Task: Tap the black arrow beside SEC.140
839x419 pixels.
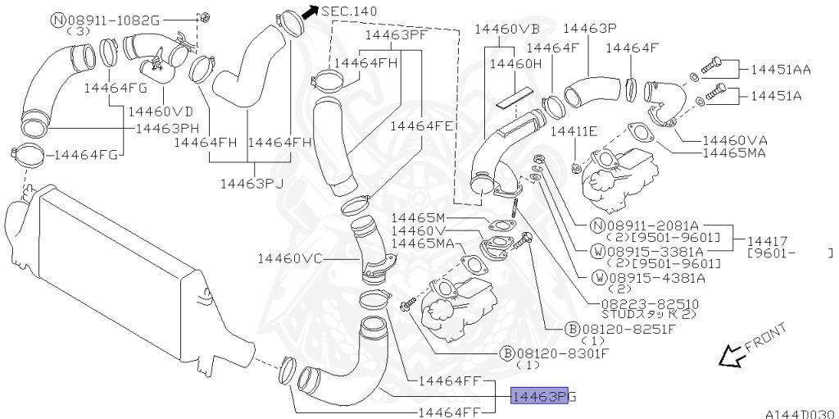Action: (310, 12)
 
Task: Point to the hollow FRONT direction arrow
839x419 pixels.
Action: (730, 356)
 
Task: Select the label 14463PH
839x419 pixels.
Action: (167, 128)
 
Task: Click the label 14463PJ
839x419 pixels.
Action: (252, 183)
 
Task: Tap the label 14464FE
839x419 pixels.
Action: (422, 126)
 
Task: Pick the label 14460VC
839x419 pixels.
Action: (290, 258)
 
